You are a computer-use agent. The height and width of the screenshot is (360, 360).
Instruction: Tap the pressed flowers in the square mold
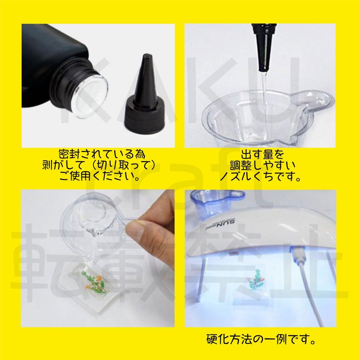pyautogui.click(x=93, y=282)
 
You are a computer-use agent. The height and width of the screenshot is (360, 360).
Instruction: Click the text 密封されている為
pyautogui.click(x=102, y=154)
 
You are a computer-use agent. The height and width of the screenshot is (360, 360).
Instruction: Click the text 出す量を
pyautogui.click(x=263, y=154)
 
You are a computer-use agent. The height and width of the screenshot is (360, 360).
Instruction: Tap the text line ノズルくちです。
pyautogui.click(x=260, y=176)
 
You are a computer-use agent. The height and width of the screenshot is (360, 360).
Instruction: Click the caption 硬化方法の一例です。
pyautogui.click(x=261, y=339)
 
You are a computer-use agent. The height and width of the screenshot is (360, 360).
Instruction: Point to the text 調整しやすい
pyautogui.click(x=263, y=165)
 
